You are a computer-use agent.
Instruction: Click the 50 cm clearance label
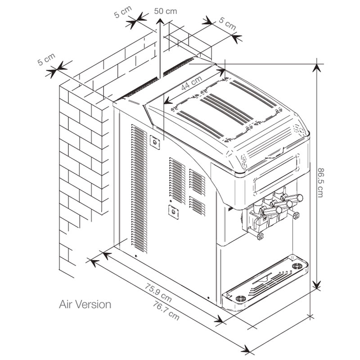point(166,11)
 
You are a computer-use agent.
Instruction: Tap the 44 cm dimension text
point(191,83)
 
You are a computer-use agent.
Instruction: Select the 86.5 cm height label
point(320,182)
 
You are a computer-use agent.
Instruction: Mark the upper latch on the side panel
point(155,142)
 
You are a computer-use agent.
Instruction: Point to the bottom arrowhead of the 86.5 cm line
point(317,285)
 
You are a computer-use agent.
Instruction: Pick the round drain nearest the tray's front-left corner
point(241,298)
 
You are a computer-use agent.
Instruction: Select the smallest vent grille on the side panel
point(197,206)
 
